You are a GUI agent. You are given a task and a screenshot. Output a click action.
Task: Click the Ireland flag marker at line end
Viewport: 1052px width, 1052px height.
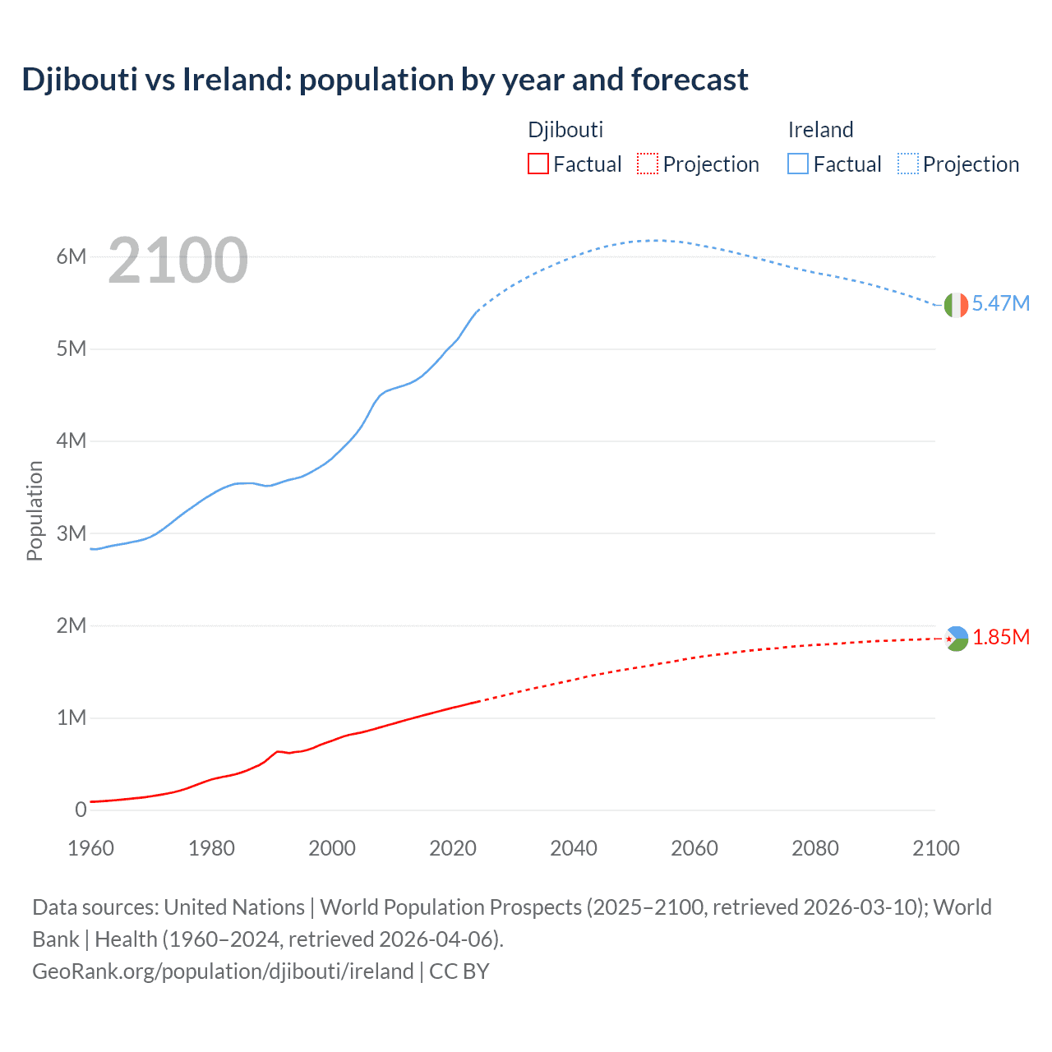[x=956, y=305]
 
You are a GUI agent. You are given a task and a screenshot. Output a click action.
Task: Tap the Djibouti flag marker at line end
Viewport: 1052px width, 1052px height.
[x=956, y=639]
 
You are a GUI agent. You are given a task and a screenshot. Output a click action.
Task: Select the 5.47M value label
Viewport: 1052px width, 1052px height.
[x=1000, y=303]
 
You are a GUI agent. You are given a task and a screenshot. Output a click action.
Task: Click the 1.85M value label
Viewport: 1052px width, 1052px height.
[x=1001, y=638]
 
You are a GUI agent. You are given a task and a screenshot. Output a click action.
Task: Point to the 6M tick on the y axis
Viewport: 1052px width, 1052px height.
[x=72, y=256]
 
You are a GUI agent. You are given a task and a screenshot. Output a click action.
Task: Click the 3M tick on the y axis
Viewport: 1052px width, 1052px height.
[x=72, y=533]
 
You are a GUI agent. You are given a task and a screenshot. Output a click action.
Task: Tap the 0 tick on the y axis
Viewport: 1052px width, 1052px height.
[x=81, y=810]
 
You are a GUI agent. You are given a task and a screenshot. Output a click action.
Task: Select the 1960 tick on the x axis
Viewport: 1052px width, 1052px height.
[x=90, y=848]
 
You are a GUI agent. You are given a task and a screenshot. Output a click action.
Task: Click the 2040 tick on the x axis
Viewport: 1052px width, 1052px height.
[x=574, y=848]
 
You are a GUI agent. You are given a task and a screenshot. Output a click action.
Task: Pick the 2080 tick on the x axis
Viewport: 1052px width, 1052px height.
[x=815, y=848]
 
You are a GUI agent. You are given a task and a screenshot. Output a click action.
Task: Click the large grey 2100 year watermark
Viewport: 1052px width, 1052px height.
[x=178, y=261]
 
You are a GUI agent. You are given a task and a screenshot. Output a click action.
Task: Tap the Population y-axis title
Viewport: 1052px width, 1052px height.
[x=35, y=510]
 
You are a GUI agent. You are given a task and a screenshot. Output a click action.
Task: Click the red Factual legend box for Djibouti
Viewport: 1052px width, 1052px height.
[x=538, y=164]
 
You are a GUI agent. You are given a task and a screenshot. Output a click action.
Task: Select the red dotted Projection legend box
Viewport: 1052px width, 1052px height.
[x=648, y=164]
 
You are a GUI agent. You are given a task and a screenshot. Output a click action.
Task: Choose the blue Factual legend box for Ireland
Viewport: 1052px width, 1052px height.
[x=798, y=164]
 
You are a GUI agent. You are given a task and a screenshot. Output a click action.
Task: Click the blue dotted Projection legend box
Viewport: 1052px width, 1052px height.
[x=908, y=164]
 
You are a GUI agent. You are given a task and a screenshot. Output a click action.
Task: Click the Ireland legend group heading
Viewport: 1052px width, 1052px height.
[x=820, y=130]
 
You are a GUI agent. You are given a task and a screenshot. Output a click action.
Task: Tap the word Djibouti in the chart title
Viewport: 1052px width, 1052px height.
[x=80, y=80]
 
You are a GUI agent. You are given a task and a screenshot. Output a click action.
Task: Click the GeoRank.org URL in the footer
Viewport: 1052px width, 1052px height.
[x=223, y=971]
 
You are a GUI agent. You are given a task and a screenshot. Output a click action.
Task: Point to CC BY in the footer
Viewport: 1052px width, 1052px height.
[x=459, y=971]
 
